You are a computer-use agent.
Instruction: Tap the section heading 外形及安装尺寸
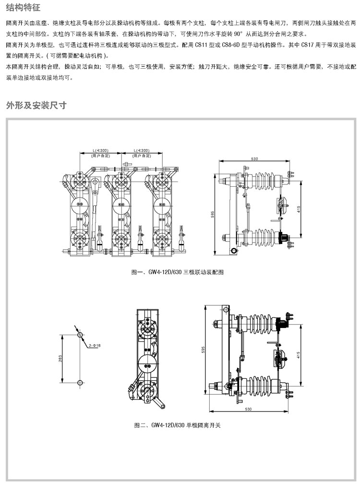(36, 105)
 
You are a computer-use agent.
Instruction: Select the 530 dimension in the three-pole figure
(254, 159)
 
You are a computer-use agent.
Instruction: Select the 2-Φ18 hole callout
(94, 345)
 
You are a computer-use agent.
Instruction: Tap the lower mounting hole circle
(80, 382)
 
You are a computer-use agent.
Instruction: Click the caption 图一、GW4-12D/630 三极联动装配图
(177, 272)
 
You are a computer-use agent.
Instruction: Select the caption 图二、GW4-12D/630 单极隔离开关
(177, 425)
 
